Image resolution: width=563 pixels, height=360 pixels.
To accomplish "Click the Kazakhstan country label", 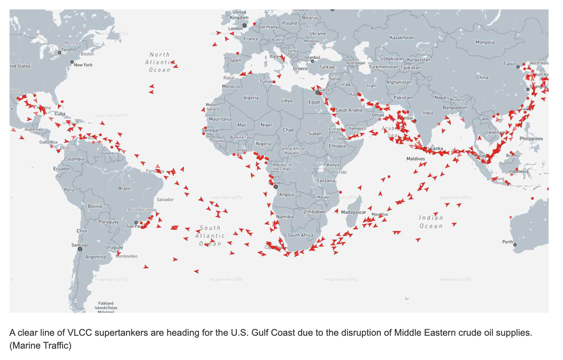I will (x=402, y=38).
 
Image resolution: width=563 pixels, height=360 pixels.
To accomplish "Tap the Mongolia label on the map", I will (x=485, y=42).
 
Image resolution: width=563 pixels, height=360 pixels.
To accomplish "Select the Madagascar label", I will (x=353, y=212).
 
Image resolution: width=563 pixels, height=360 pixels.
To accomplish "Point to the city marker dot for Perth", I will (x=515, y=245).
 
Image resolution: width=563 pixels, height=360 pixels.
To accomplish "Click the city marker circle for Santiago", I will (x=80, y=249).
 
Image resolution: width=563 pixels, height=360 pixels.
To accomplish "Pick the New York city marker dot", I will (x=72, y=62).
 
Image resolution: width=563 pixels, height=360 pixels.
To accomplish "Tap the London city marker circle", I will (x=244, y=25).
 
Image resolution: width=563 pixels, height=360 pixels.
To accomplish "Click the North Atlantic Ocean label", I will (x=160, y=63).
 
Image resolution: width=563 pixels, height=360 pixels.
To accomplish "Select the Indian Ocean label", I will (x=431, y=222).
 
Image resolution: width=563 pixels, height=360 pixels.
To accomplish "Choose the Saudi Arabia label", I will (x=349, y=110).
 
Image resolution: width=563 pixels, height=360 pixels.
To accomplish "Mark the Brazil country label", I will (x=124, y=188).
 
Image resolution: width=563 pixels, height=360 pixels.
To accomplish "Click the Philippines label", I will (x=531, y=139).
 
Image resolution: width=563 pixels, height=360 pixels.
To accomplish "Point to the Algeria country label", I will (x=251, y=98).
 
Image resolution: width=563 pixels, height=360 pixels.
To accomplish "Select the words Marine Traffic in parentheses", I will (x=40, y=345).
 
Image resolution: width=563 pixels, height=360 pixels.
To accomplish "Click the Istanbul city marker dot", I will (x=312, y=61).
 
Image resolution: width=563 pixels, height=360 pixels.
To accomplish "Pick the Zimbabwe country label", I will (x=314, y=211).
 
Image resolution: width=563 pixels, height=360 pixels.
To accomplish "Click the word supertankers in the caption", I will (x=121, y=333).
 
